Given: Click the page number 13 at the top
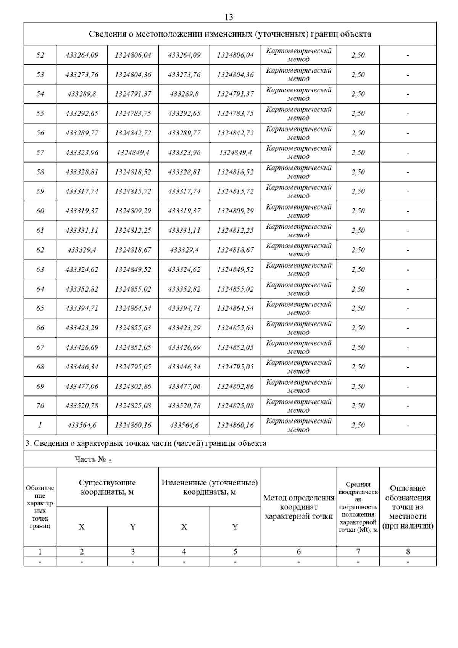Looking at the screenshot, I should coord(229,17).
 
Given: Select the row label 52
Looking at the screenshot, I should coord(40,55).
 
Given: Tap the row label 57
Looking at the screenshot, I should coord(40,153).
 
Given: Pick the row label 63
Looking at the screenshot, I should coord(40,269).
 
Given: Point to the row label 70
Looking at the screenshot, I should coord(40,406).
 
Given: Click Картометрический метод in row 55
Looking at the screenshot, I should coord(298,114).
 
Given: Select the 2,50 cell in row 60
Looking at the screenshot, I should coord(358,211).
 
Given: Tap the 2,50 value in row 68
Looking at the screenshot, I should coord(358,367).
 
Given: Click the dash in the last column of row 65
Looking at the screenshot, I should coord(408,308).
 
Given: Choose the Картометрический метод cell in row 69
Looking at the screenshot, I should coord(298,386).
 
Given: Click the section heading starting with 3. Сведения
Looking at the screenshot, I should coord(146,443).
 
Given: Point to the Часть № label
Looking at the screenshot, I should coord(90,459).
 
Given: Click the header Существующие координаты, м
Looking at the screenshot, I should coord(107,487).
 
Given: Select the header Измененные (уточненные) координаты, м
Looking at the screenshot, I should coord(210,487).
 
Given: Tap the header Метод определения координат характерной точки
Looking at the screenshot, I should coord(298,507).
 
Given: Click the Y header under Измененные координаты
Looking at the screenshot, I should coord(235,527).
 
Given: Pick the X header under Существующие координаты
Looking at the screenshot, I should coord(82,527).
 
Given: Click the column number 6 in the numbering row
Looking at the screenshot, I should coord(298,551).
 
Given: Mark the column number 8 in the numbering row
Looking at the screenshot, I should coord(408,551).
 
